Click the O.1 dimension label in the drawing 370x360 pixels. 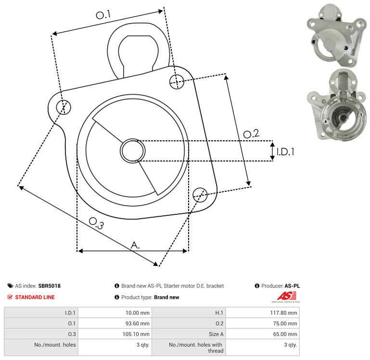(x=103, y=14)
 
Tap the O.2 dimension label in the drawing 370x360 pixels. (x=251, y=134)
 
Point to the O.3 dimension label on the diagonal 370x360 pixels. (x=96, y=223)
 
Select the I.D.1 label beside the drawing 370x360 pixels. (x=285, y=152)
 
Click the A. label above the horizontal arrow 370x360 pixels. (x=135, y=245)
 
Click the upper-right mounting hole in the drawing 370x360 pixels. (x=177, y=82)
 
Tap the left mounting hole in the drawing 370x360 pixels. (x=64, y=107)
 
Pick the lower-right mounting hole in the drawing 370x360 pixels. (x=200, y=195)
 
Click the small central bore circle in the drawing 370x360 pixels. (x=133, y=150)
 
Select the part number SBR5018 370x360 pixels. (x=50, y=286)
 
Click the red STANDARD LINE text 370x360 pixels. (x=35, y=297)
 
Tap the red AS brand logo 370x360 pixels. (x=286, y=297)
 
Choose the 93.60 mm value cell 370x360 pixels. (x=115, y=323)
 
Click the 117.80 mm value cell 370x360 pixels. (x=263, y=313)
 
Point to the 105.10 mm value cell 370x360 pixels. (x=115, y=334)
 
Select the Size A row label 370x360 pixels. (x=216, y=334)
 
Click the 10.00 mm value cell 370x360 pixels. (x=115, y=313)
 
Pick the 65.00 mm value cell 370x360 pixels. (x=263, y=334)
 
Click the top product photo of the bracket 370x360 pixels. (x=337, y=35)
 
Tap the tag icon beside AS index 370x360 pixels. (x=10, y=286)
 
